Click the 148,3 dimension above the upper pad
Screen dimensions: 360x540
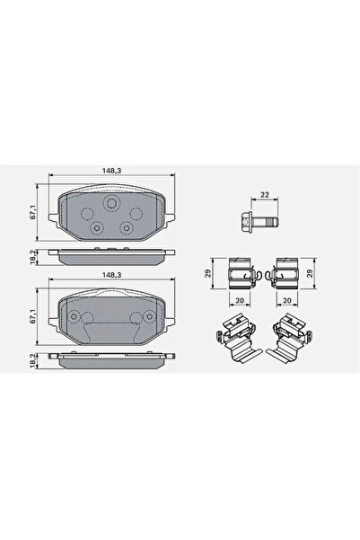coord(112,170)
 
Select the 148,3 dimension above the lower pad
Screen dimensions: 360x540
coord(112,275)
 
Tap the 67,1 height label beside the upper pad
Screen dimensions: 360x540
coord(32,212)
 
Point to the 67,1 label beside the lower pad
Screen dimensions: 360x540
coord(32,316)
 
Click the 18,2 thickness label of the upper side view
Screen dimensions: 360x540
coord(32,257)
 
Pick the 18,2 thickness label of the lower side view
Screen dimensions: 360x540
coord(32,360)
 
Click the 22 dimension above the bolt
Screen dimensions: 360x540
coord(264,195)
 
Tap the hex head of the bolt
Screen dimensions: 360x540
coord(245,220)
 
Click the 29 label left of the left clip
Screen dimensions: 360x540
coord(208,273)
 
